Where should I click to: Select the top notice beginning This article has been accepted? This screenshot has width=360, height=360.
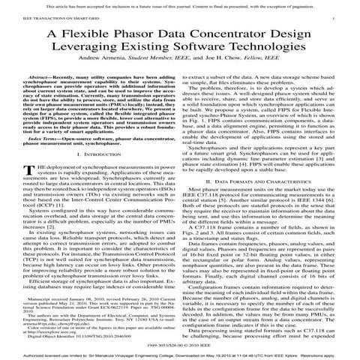pyautogui.click(x=180, y=4)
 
